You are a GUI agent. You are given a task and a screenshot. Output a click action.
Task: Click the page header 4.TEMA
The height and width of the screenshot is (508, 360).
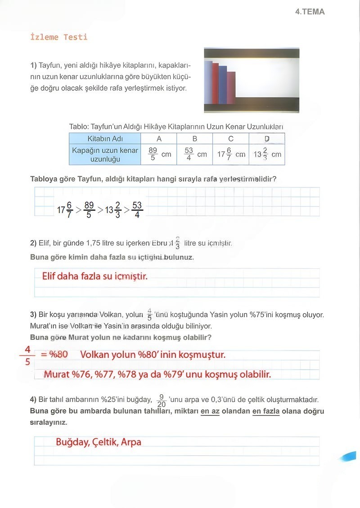[x=310, y=12]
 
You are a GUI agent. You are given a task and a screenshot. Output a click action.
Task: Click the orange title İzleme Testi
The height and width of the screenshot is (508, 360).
[x=58, y=37]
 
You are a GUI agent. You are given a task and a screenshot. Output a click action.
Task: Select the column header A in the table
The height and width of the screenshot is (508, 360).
[x=159, y=139]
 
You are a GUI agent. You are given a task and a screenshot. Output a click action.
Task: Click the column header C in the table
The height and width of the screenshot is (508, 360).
[x=231, y=139]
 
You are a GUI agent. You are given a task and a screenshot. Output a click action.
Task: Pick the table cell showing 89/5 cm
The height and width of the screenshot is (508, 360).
[x=159, y=154]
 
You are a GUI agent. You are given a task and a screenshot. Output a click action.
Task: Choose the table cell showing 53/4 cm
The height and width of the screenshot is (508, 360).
[x=195, y=154]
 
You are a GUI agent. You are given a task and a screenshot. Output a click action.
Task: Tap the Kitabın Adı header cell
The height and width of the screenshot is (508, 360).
[x=105, y=139]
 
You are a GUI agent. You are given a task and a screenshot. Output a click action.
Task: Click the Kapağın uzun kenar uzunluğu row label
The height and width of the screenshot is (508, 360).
[x=105, y=155]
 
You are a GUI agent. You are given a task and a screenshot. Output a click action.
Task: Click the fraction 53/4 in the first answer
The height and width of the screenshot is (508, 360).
[x=137, y=210]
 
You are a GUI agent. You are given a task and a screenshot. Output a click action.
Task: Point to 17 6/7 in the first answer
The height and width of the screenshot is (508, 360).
[x=64, y=210]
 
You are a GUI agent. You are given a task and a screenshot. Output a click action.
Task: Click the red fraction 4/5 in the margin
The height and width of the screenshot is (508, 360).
[x=27, y=355]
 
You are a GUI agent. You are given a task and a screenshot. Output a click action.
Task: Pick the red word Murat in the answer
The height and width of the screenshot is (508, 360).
[x=57, y=374]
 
